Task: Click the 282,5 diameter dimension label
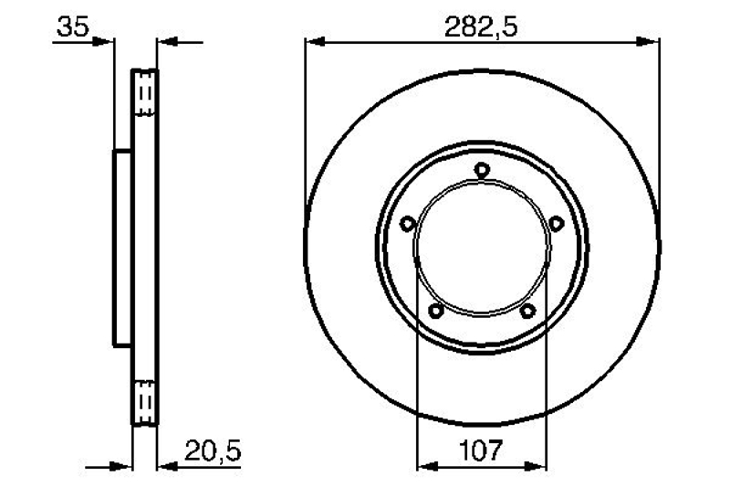(481, 27)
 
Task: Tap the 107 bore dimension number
(481, 450)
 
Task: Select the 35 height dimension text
(72, 27)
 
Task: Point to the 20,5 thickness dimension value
(213, 451)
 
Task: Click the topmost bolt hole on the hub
(482, 170)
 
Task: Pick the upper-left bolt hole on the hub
(408, 224)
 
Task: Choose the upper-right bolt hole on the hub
(556, 224)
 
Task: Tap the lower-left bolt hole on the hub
(436, 310)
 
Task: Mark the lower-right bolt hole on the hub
(527, 310)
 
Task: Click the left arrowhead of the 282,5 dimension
(315, 42)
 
